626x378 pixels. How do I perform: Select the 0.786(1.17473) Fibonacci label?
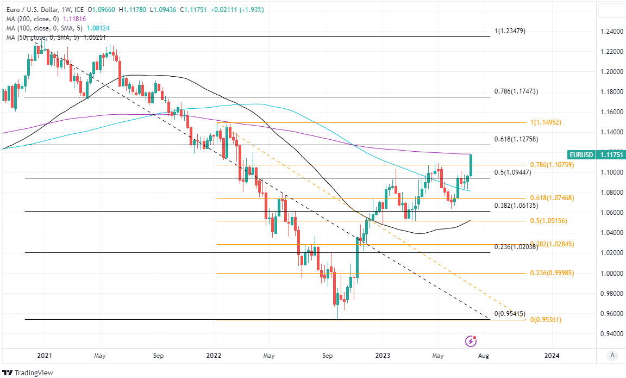[516, 91]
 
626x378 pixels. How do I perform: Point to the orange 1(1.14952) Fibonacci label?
[553, 122]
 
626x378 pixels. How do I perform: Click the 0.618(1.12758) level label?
[516, 139]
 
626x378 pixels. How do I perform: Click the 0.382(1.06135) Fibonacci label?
[516, 206]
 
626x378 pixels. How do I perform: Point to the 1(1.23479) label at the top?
[510, 31]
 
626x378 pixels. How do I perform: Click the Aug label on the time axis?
[484, 356]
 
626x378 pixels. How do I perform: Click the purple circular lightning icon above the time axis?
[471, 341]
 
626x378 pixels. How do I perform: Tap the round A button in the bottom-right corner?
[612, 356]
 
